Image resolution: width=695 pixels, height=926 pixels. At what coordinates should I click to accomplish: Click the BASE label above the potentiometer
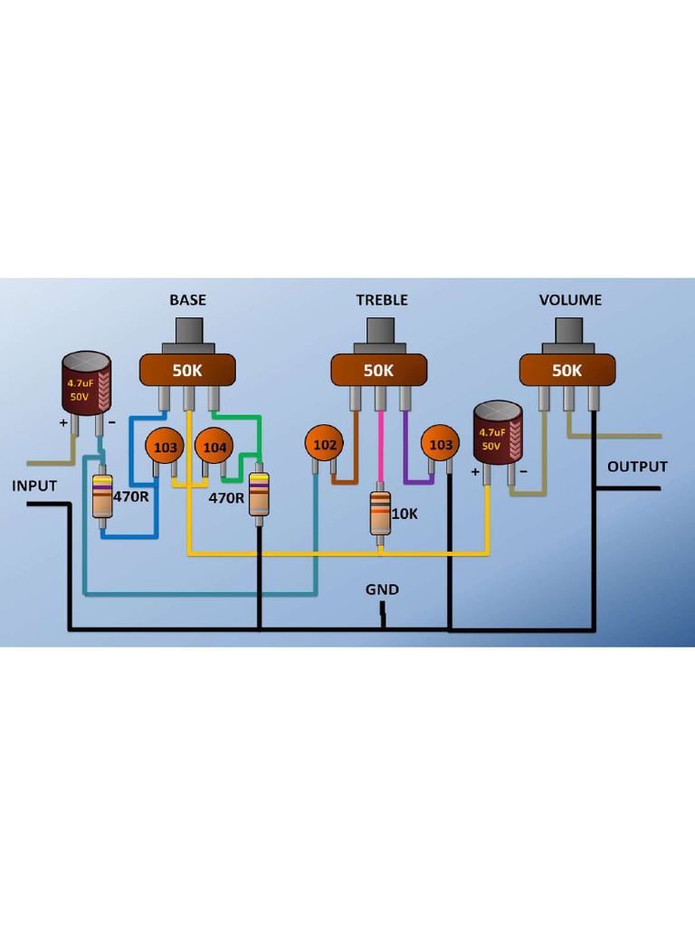point(187,299)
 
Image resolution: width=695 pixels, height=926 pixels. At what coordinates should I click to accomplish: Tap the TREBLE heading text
point(381,299)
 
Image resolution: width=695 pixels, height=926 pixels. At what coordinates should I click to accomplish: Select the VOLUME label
point(570,299)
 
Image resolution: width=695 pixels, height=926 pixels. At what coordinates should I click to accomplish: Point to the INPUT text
point(34,486)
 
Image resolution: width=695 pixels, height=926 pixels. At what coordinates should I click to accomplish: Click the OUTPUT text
point(637,467)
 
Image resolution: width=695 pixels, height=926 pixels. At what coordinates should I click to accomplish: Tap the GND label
point(382,590)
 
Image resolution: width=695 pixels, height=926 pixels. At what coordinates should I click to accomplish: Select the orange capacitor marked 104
point(214,447)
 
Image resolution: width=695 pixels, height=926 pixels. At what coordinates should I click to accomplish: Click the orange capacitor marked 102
point(325,444)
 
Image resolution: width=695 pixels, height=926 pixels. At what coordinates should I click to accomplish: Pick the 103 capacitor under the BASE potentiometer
point(166,447)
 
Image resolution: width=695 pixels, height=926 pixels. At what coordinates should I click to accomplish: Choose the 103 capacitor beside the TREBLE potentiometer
point(441,444)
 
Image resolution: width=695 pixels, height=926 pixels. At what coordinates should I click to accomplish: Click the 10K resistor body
point(381,513)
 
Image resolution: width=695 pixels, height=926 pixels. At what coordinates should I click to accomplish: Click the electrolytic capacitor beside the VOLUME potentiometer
point(499,434)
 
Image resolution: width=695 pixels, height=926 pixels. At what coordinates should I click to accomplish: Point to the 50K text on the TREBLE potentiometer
point(378,370)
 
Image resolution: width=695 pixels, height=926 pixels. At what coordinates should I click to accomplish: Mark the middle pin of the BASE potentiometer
point(189,398)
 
